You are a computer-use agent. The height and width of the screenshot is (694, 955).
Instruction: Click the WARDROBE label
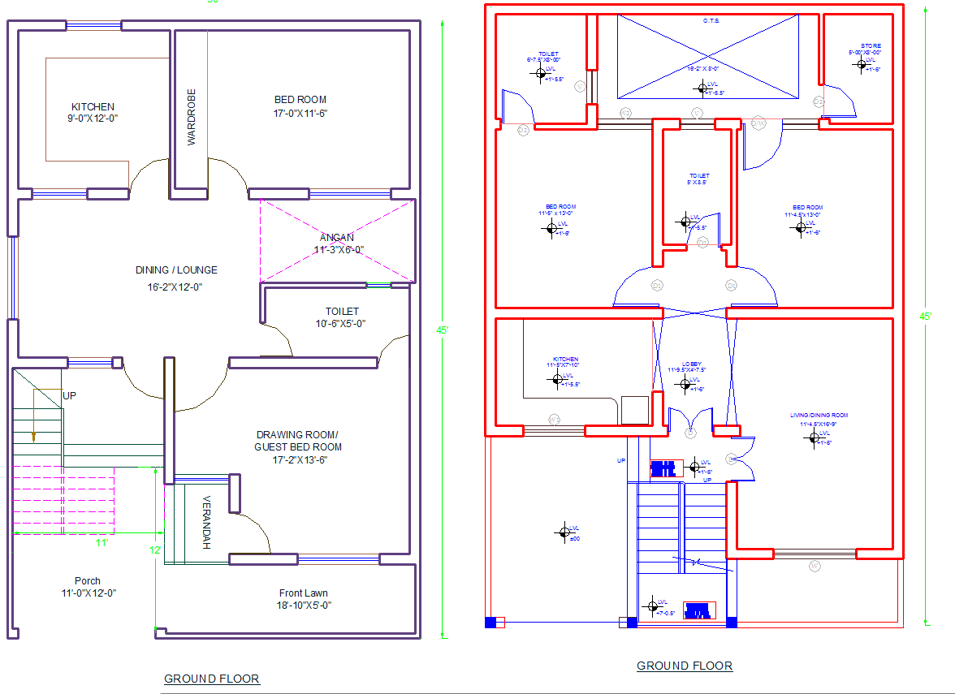pyautogui.click(x=192, y=117)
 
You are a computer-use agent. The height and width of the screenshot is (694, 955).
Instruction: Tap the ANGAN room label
pyautogui.click(x=336, y=238)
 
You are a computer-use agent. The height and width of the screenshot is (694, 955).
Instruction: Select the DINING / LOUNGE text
pyautogui.click(x=176, y=270)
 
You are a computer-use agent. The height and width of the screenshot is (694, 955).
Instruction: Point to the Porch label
pyautogui.click(x=88, y=581)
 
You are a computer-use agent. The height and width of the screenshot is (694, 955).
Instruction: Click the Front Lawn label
pyautogui.click(x=304, y=593)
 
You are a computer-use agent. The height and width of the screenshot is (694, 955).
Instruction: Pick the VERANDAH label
pyautogui.click(x=206, y=522)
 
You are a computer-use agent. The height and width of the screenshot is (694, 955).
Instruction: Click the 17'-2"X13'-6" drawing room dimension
pyautogui.click(x=300, y=460)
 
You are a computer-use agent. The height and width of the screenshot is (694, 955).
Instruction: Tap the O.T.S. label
pyautogui.click(x=711, y=21)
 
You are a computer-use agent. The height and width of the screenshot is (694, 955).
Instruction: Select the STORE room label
pyautogui.click(x=871, y=46)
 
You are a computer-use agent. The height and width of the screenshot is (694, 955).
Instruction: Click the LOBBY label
pyautogui.click(x=691, y=364)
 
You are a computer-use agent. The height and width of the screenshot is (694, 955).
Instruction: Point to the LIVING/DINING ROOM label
pyautogui.click(x=818, y=416)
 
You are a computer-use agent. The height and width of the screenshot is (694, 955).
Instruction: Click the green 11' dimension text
pyautogui.click(x=102, y=542)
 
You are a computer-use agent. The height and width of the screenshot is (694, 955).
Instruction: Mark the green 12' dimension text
pyautogui.click(x=155, y=550)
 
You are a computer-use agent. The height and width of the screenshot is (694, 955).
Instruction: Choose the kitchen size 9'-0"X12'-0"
pyautogui.click(x=93, y=119)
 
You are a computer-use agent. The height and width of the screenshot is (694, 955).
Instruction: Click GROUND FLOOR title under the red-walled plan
pyautogui.click(x=684, y=666)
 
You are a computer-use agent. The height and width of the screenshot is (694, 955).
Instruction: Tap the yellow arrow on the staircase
pyautogui.click(x=33, y=437)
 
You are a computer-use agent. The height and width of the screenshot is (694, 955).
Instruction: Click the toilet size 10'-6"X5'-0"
pyautogui.click(x=341, y=323)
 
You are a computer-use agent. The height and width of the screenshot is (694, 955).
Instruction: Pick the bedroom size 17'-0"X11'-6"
pyautogui.click(x=300, y=113)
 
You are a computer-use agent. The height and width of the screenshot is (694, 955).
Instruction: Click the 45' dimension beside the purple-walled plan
pyautogui.click(x=443, y=330)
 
